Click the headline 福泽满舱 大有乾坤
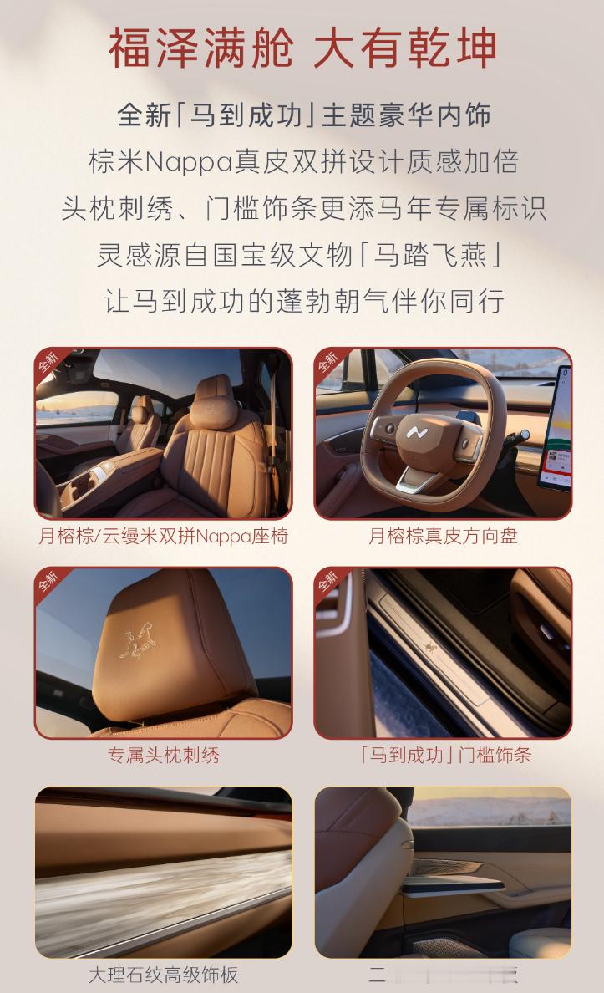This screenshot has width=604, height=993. [302, 48]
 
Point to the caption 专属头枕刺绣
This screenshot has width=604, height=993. [164, 756]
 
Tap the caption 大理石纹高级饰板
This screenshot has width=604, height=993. [164, 975]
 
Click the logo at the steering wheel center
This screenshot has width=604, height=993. [417, 432]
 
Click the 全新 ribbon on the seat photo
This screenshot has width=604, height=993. [48, 361]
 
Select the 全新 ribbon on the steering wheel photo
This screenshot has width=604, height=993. [328, 361]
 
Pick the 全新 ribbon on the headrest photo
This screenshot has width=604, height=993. [48, 581]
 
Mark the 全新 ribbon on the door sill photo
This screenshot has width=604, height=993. [328, 581]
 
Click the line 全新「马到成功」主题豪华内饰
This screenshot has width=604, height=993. [302, 115]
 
